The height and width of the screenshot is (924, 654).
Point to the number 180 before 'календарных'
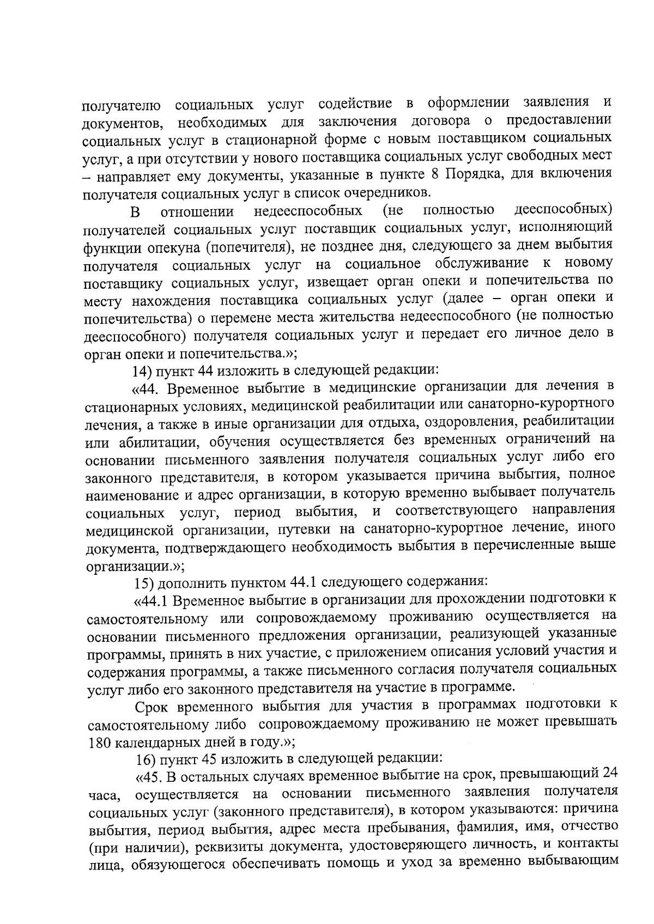pos(99,742)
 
